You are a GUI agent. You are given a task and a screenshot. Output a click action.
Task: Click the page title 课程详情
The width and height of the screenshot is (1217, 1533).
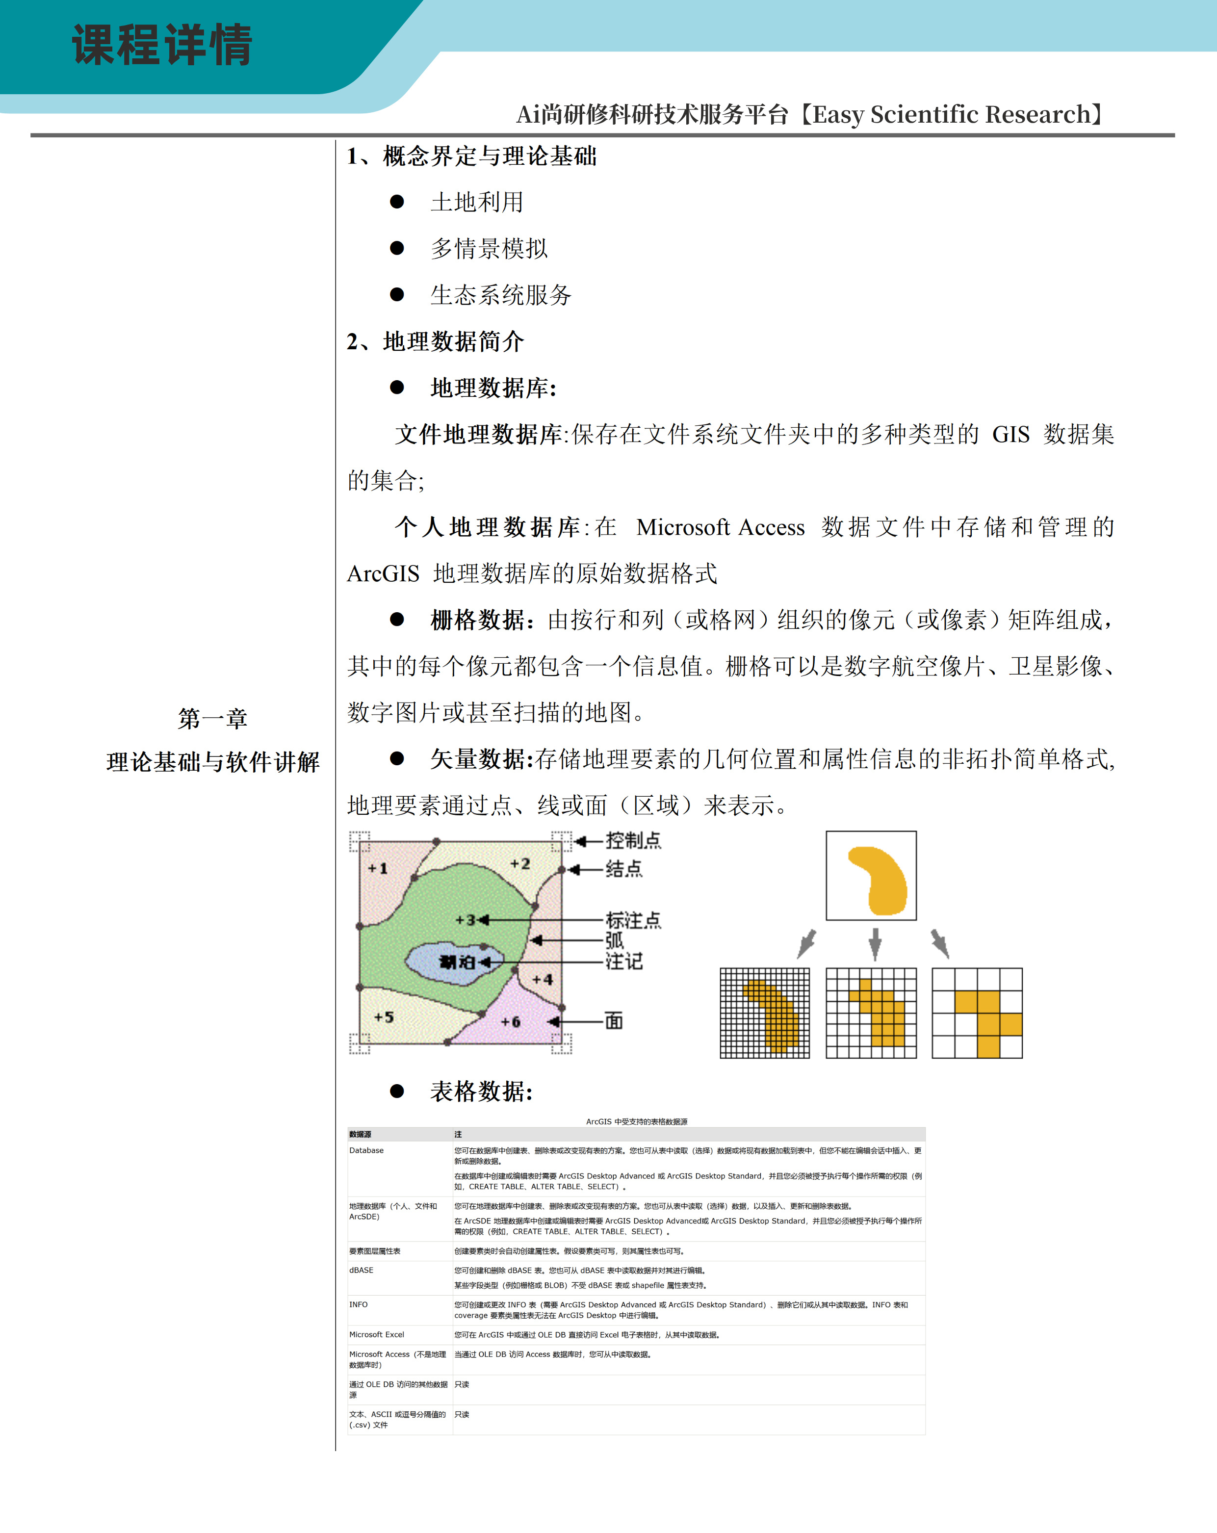pos(162,45)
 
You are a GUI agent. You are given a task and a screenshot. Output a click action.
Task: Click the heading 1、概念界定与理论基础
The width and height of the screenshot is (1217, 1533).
pos(471,156)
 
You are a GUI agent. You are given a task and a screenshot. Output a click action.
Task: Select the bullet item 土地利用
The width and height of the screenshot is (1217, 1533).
pos(476,202)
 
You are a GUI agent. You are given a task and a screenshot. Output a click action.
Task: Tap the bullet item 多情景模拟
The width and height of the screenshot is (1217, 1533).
pos(489,248)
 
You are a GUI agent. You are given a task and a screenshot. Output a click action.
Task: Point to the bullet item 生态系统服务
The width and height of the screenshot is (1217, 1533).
pos(500,294)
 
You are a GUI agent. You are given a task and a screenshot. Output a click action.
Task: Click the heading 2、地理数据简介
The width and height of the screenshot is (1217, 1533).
pos(435,341)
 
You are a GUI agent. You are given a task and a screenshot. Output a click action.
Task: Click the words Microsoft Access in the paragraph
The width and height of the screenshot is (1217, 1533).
pos(720,527)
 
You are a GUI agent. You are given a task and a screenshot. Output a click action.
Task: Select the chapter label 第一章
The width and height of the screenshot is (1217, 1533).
pos(212,718)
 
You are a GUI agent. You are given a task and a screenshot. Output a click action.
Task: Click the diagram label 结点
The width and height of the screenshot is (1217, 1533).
pos(623,869)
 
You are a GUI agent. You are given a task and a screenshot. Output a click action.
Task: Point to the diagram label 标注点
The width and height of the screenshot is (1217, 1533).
pos(633,920)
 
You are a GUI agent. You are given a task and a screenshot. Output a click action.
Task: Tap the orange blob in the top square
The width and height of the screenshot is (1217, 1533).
pos(878,880)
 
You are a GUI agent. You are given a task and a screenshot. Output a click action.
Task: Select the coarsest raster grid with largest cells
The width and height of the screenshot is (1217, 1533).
pos(977,1013)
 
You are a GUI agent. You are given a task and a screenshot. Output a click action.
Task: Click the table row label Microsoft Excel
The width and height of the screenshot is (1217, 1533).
pos(377,1335)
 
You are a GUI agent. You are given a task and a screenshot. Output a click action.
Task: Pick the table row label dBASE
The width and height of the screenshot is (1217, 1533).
pos(361,1270)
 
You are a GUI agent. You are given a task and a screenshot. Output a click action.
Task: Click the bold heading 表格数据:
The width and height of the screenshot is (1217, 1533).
pos(481,1091)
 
